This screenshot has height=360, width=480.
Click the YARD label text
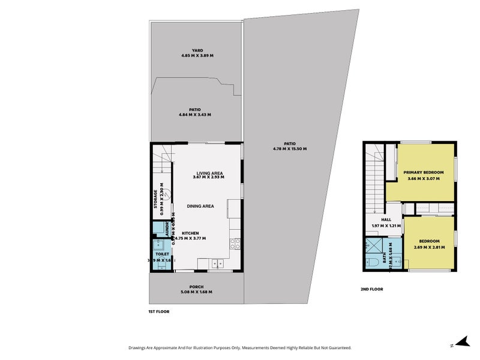point(197,50)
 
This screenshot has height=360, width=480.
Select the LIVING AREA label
point(201,173)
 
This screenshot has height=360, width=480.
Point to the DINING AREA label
point(200,206)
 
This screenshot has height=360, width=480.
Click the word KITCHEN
point(190,233)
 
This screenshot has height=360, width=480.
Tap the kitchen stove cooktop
point(235,244)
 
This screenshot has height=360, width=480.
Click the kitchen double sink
point(216,263)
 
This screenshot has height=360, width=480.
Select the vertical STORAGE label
point(155,199)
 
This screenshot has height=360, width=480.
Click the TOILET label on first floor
point(162,254)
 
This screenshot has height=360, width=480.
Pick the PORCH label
point(197,287)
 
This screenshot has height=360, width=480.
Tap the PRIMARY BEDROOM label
point(424,172)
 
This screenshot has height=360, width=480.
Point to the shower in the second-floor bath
point(376,246)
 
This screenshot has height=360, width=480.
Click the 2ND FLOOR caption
point(372,289)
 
